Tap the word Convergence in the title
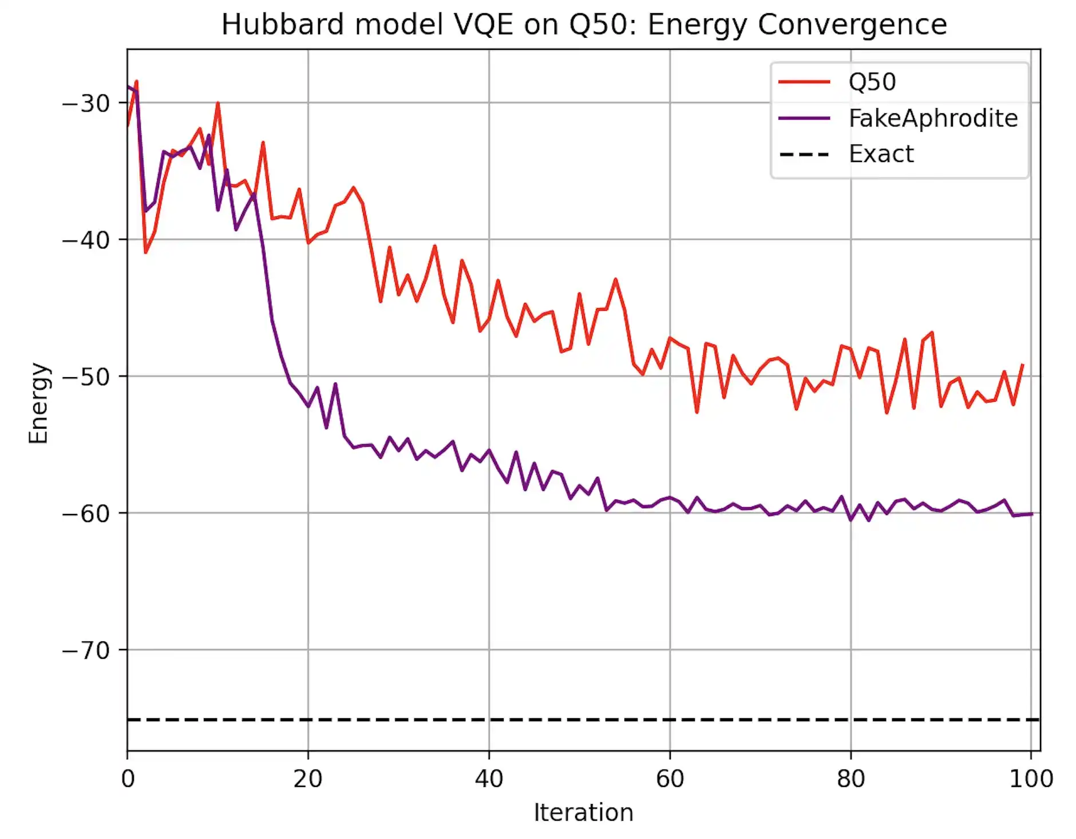click(853, 25)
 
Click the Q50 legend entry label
click(872, 82)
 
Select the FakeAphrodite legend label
click(933, 118)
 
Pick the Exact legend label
click(881, 154)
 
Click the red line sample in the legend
click(804, 82)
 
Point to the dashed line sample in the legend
click(804, 155)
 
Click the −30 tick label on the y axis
click(86, 104)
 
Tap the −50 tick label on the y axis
click(86, 377)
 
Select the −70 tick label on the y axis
click(86, 651)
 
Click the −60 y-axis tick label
click(86, 514)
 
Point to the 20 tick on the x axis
click(308, 779)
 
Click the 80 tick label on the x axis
click(850, 779)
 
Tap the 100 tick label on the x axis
click(1031, 779)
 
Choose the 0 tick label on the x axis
click(128, 779)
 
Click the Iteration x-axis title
click(583, 813)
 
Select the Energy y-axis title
click(39, 403)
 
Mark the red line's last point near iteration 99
click(1022, 365)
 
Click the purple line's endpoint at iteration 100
click(1031, 514)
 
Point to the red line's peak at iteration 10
click(218, 104)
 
